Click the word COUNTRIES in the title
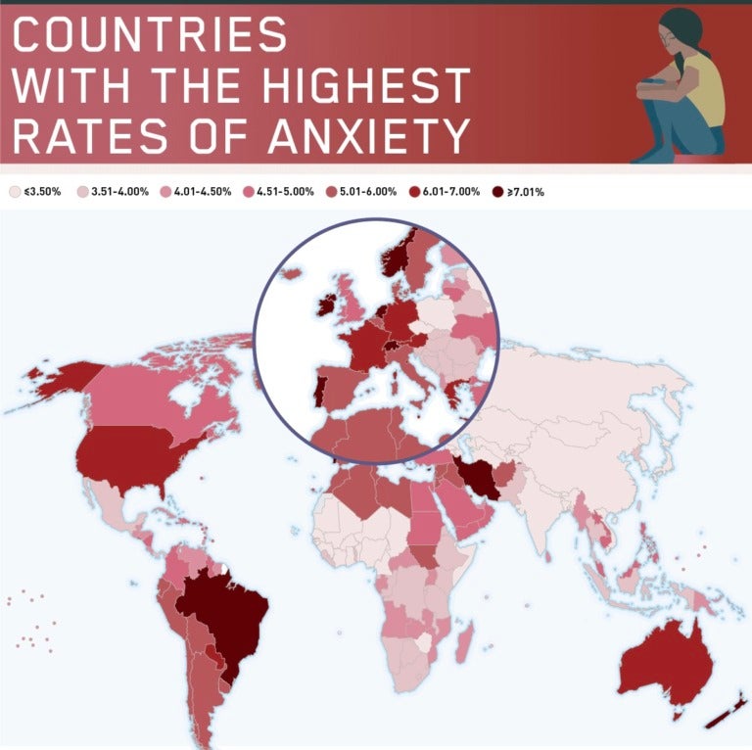(152, 36)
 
